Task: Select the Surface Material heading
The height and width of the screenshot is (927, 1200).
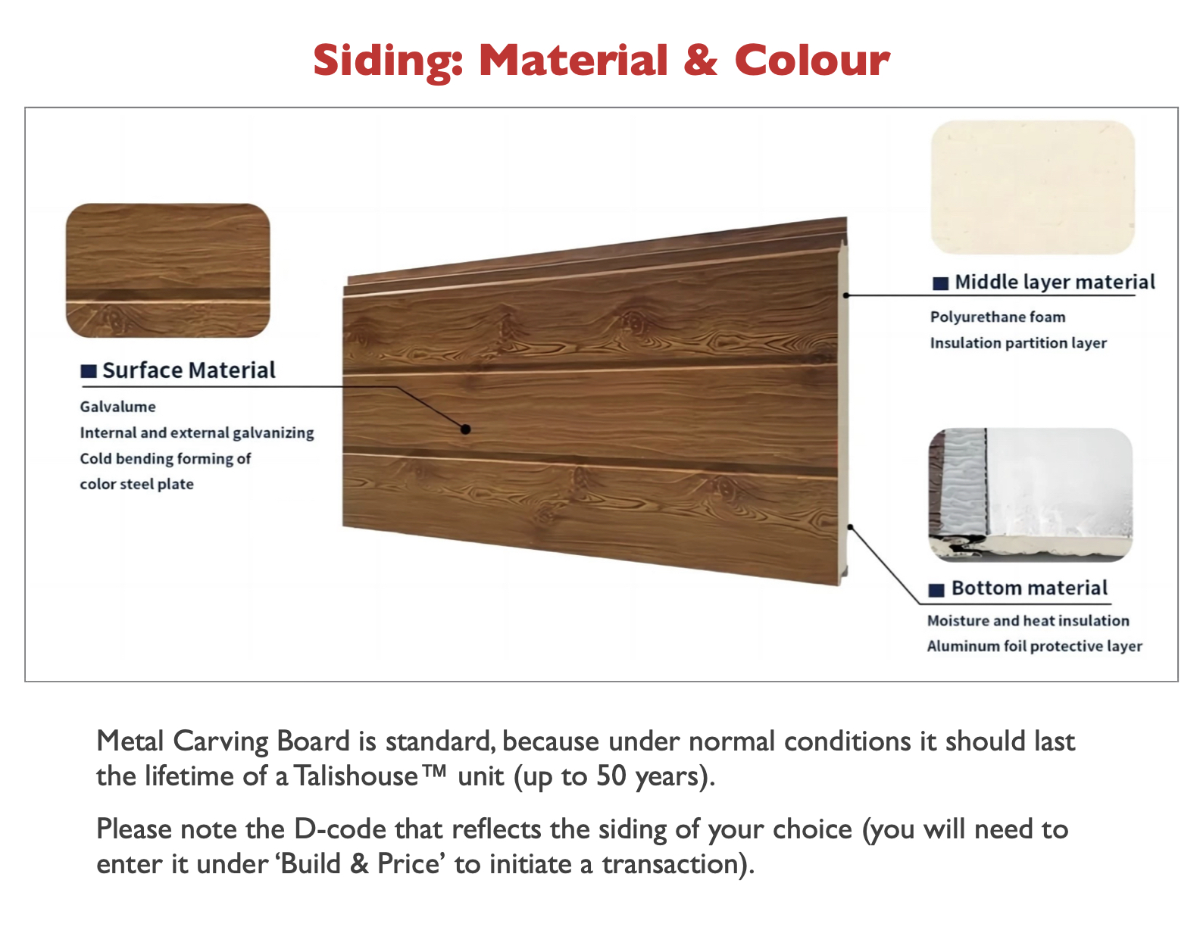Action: tap(189, 370)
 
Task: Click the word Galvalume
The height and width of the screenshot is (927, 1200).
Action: tap(118, 407)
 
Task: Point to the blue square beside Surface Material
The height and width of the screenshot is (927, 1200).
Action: tap(89, 371)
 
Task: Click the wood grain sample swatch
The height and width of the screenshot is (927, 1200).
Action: tap(168, 270)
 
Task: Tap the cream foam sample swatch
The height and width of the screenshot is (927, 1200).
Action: tap(1033, 187)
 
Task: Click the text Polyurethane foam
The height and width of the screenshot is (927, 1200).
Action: tap(998, 317)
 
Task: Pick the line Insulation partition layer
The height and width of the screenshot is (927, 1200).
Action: tap(1018, 343)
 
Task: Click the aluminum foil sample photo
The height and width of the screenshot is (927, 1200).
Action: tap(1030, 495)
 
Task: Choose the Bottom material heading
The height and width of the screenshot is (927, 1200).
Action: tap(1029, 588)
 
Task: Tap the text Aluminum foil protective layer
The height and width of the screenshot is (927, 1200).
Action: tap(1034, 646)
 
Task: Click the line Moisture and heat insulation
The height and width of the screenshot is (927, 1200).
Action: tap(1028, 621)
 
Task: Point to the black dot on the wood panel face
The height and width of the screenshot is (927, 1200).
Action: tap(466, 429)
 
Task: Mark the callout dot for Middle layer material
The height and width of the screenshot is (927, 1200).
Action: tap(846, 295)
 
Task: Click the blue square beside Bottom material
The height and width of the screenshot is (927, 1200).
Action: tap(936, 590)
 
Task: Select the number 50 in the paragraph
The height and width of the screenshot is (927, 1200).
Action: tap(611, 776)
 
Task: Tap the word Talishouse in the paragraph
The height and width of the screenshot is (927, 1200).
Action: tap(356, 776)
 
